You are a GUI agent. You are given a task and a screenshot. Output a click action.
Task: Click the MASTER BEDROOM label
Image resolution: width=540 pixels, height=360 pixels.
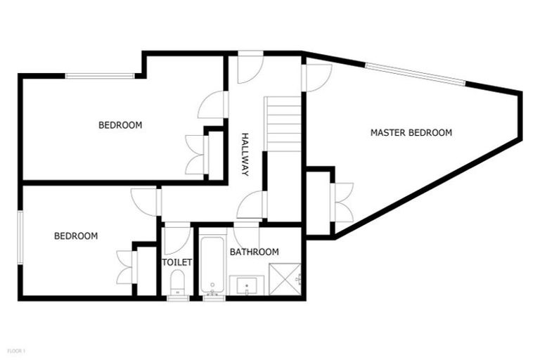(411, 132)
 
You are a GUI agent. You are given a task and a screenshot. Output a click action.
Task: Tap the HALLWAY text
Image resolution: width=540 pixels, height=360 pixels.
(245, 154)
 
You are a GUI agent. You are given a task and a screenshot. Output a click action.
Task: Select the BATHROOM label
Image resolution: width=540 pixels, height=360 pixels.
(255, 252)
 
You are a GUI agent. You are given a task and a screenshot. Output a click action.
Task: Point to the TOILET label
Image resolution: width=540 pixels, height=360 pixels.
(176, 262)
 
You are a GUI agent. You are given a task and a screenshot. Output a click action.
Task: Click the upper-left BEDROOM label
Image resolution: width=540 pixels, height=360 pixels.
(120, 125)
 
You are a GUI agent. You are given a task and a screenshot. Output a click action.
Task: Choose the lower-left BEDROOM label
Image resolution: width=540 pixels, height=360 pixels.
(75, 236)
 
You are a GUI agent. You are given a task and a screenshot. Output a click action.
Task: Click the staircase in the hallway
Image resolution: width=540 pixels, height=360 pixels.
(283, 124)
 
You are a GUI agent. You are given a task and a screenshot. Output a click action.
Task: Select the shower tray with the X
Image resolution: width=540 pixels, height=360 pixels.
(286, 278)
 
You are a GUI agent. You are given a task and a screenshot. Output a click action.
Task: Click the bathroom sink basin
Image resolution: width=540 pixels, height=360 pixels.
(247, 286)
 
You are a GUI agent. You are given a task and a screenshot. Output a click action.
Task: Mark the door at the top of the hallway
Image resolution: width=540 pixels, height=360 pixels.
(250, 67)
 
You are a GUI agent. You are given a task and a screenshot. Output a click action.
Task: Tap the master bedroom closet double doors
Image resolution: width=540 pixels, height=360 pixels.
(342, 202)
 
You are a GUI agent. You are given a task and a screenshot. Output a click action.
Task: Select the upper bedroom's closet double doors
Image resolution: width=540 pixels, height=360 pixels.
(196, 154)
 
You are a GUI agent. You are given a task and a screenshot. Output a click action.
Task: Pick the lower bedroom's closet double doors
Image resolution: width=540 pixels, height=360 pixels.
(127, 267)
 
